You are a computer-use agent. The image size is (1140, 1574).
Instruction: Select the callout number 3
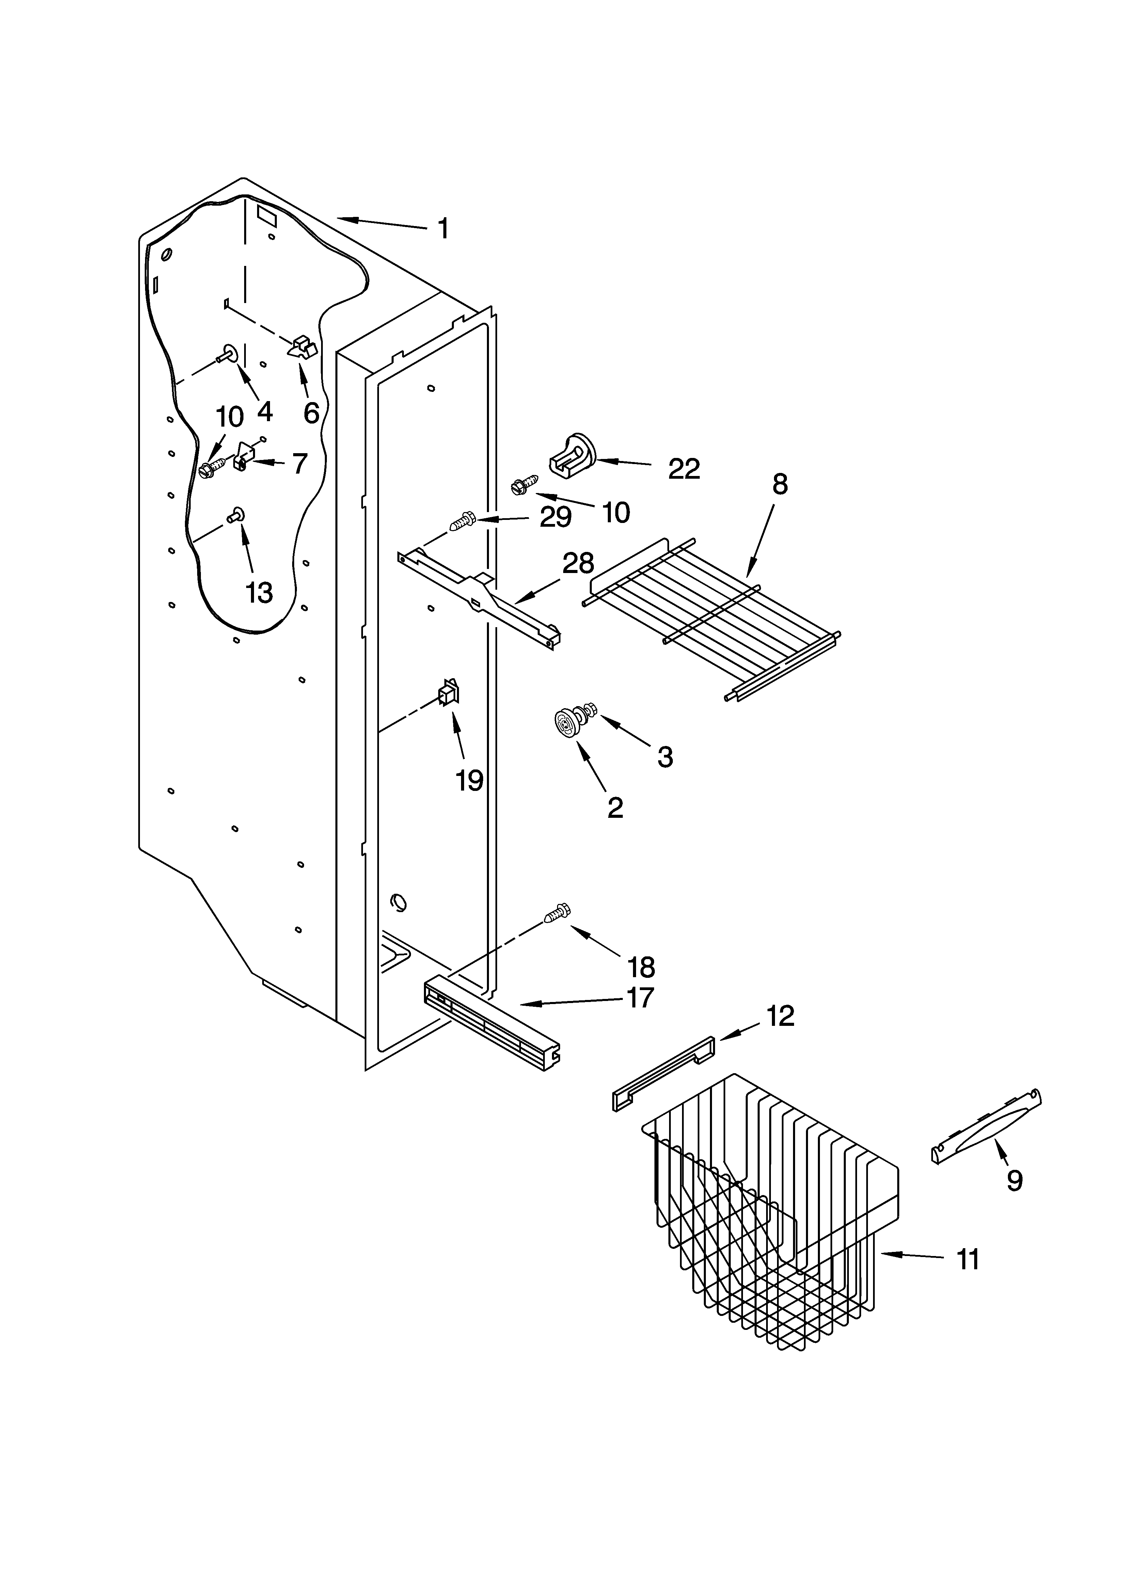tap(664, 757)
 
